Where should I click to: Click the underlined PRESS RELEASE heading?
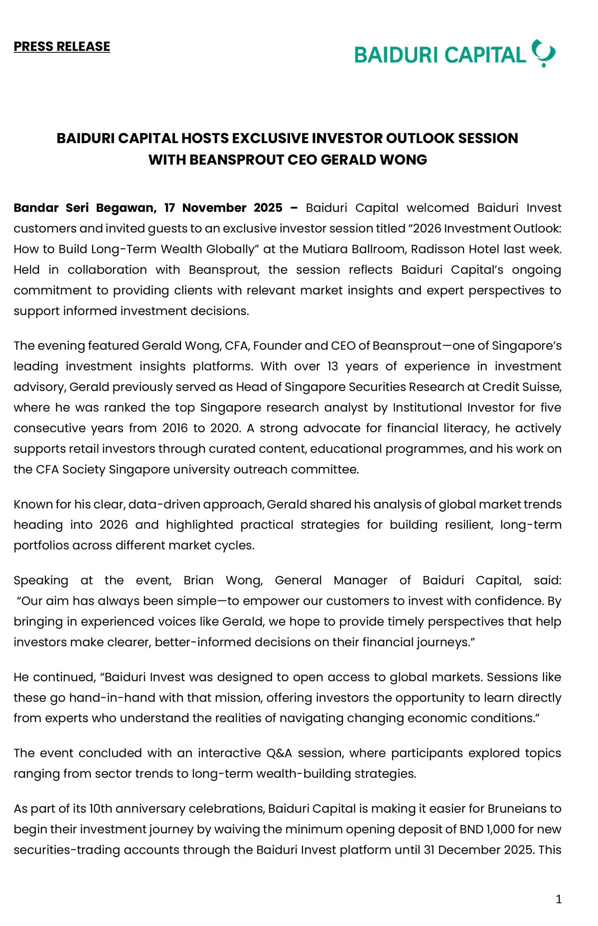62,46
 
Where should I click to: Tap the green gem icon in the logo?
543,53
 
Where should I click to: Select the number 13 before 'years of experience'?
332,366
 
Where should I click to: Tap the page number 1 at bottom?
558,899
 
